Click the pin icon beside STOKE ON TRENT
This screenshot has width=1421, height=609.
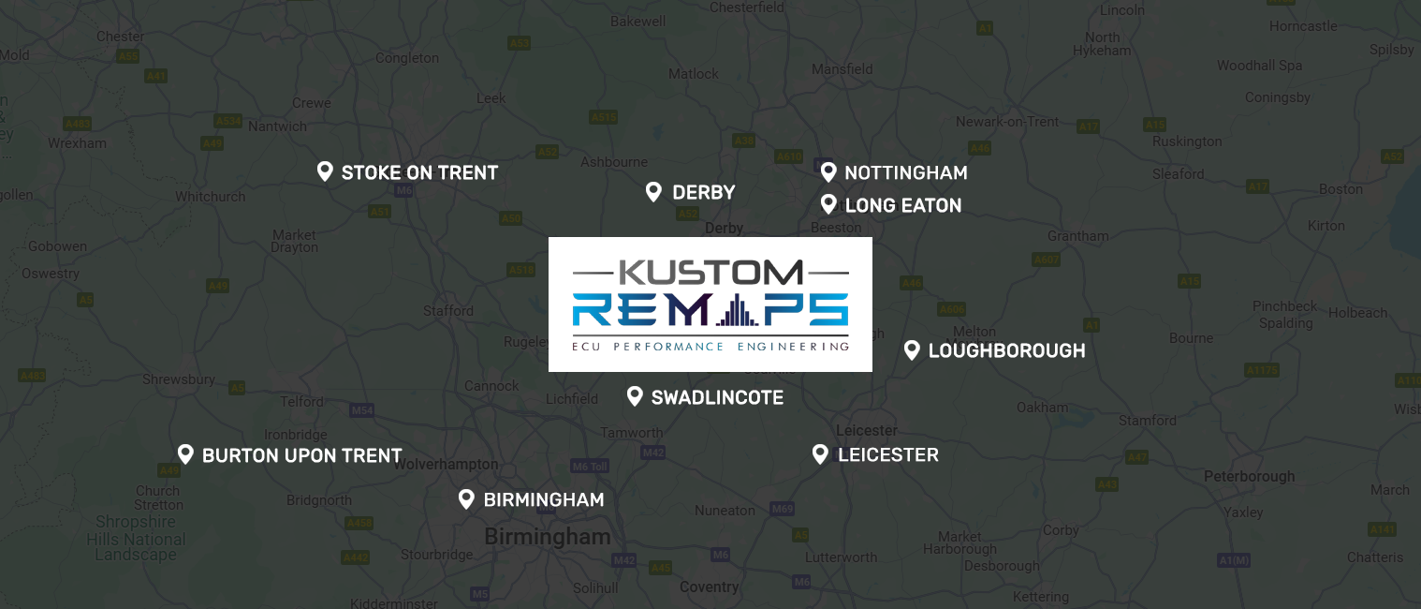[325, 171]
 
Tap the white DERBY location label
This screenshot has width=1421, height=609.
[703, 192]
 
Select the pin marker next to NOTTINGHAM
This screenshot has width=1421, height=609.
[828, 171]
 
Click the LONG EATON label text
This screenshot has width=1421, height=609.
[902, 205]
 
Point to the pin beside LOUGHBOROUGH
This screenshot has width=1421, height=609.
[912, 350]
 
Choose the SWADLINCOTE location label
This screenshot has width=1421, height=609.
[717, 397]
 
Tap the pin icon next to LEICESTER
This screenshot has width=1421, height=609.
[820, 454]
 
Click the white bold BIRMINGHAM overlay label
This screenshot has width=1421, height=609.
[543, 499]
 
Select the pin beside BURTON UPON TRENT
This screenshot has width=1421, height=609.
[185, 454]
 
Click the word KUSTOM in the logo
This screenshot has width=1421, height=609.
[710, 272]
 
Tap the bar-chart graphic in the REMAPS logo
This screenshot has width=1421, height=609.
[738, 310]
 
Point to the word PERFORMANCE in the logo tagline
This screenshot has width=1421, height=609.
[668, 346]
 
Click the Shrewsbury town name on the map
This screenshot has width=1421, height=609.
[178, 379]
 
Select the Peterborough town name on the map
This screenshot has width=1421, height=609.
[1249, 476]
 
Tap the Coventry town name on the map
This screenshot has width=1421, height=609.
[709, 587]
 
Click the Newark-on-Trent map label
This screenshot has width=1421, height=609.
[1007, 121]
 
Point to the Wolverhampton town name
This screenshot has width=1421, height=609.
[447, 464]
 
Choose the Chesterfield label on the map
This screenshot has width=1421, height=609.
[746, 7]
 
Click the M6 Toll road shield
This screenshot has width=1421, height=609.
[590, 466]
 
